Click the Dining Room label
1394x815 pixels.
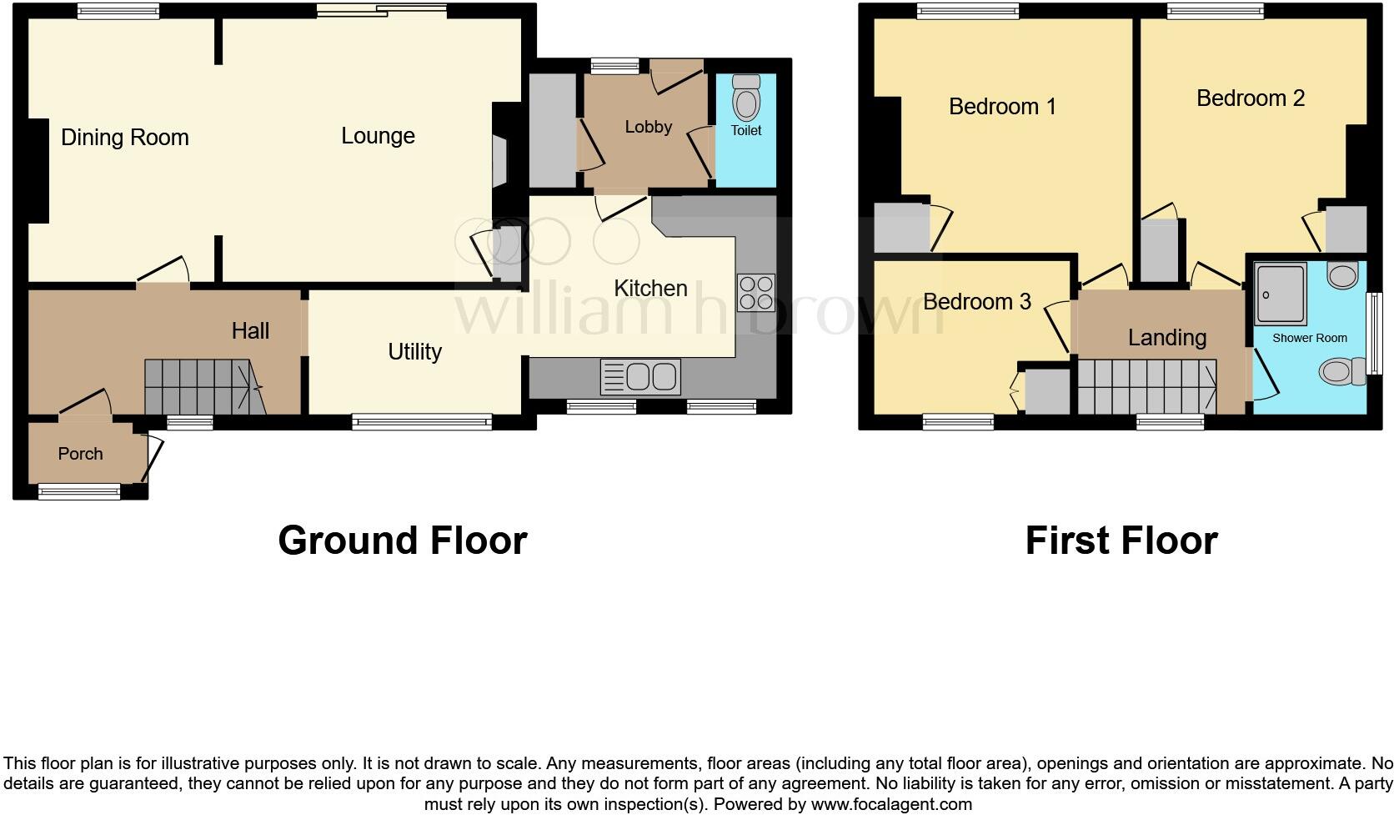[x=125, y=137]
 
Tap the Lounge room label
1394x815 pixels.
[x=378, y=135]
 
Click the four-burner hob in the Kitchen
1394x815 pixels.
[x=756, y=292]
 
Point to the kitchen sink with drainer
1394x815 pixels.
[x=640, y=377]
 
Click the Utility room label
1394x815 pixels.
[x=414, y=351]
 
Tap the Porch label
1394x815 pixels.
[x=81, y=454]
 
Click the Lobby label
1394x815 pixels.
[x=648, y=127]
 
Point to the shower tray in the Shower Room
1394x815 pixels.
[x=1280, y=294]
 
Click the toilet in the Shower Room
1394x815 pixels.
[x=1340, y=371]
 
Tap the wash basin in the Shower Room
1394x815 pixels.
[x=1342, y=274]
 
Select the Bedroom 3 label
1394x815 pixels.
[x=976, y=301]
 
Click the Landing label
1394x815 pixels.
[x=1166, y=337]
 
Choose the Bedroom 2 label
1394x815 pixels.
[x=1250, y=98]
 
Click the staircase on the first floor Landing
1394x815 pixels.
[x=1146, y=387]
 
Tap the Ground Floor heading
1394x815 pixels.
[x=402, y=540]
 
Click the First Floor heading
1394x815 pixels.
[x=1121, y=540]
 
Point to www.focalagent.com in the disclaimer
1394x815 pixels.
[x=890, y=804]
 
